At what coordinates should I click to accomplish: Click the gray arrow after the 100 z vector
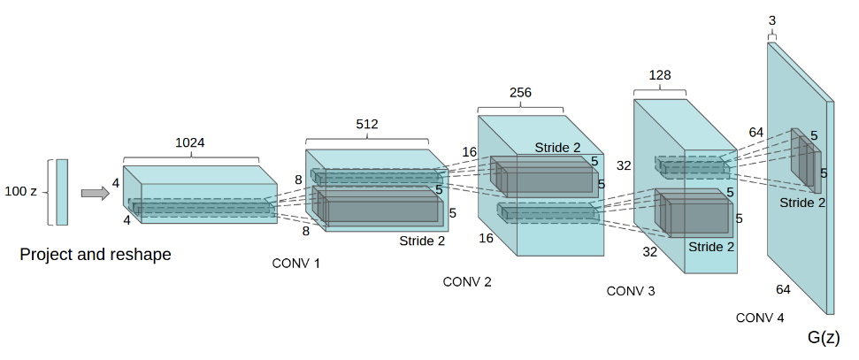(x=95, y=193)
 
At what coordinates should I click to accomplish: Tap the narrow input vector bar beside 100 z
(x=61, y=192)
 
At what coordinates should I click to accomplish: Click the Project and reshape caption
(x=96, y=255)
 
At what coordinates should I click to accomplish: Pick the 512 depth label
(x=366, y=125)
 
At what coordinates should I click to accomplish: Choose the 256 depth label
(x=520, y=94)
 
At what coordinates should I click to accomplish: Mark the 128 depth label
(x=660, y=76)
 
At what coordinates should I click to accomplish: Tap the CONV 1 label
(x=297, y=263)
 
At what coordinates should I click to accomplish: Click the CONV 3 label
(x=631, y=291)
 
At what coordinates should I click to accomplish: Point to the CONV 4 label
(x=759, y=318)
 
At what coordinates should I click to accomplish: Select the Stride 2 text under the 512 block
(x=422, y=239)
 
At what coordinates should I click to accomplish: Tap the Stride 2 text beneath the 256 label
(x=557, y=147)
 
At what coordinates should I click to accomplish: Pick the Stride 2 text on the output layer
(x=802, y=203)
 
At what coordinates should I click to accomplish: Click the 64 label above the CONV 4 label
(x=783, y=289)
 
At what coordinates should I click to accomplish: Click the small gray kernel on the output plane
(x=806, y=159)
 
